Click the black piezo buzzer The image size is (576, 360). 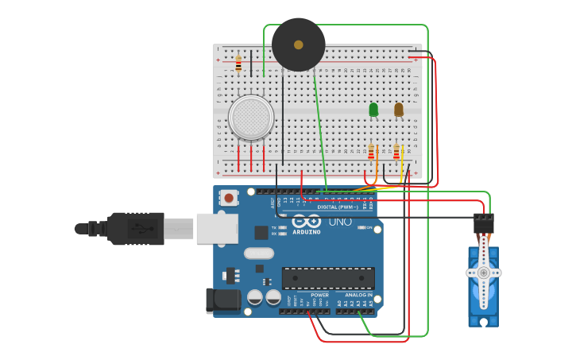[x=298, y=45]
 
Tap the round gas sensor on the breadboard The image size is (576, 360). [x=251, y=118]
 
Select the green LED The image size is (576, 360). [x=373, y=110]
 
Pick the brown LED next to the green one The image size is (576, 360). [x=399, y=110]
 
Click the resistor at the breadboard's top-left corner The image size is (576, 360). [x=238, y=64]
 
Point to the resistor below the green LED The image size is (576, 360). [x=371, y=151]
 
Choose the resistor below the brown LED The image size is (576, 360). [x=396, y=151]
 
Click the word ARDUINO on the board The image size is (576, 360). [x=306, y=232]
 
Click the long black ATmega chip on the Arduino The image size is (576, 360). [x=328, y=278]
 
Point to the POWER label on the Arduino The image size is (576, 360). [x=319, y=295]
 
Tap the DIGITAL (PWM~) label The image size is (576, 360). [x=337, y=207]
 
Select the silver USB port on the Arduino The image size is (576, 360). [x=217, y=228]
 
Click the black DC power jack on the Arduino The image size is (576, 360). [x=222, y=300]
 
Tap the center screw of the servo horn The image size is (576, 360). [x=483, y=273]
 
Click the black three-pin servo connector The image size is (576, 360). [x=483, y=223]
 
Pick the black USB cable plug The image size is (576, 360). [x=135, y=229]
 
